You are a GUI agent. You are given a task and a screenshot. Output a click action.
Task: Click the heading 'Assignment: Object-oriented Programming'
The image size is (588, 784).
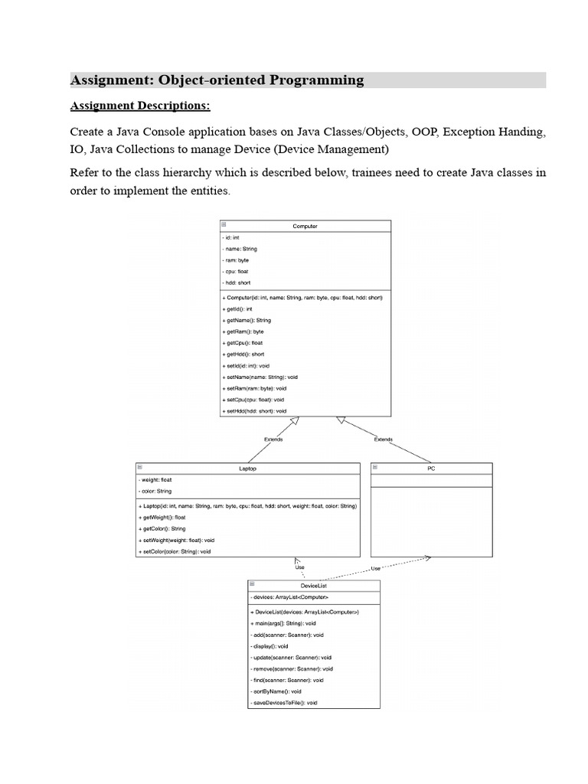217,80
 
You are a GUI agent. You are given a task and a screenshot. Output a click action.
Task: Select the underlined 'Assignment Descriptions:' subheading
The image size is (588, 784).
140,105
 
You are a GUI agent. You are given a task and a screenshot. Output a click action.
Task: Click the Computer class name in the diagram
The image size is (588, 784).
305,226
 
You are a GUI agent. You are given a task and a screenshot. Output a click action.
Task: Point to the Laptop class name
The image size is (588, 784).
247,468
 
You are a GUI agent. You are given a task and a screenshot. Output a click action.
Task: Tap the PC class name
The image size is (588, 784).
431,468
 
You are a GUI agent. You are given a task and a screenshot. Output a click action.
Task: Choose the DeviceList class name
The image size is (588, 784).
313,585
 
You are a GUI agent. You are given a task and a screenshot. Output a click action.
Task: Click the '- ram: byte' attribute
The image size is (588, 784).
238,260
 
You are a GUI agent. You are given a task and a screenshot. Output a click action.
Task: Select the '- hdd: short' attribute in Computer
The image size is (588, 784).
239,283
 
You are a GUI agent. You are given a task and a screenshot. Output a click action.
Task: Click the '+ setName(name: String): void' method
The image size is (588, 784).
260,377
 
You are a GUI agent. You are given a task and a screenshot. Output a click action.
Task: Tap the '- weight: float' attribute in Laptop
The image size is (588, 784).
156,480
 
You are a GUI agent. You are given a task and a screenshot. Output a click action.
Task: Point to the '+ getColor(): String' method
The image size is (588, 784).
162,528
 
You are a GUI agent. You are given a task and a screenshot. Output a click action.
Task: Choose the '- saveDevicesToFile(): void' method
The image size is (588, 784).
284,703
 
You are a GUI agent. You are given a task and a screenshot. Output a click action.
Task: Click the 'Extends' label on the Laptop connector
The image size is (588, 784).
273,439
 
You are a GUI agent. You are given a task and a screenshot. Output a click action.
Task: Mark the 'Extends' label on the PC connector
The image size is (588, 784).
383,439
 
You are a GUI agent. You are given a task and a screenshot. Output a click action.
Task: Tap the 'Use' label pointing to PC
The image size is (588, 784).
376,568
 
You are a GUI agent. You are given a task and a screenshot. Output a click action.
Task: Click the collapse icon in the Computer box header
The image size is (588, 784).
224,225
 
